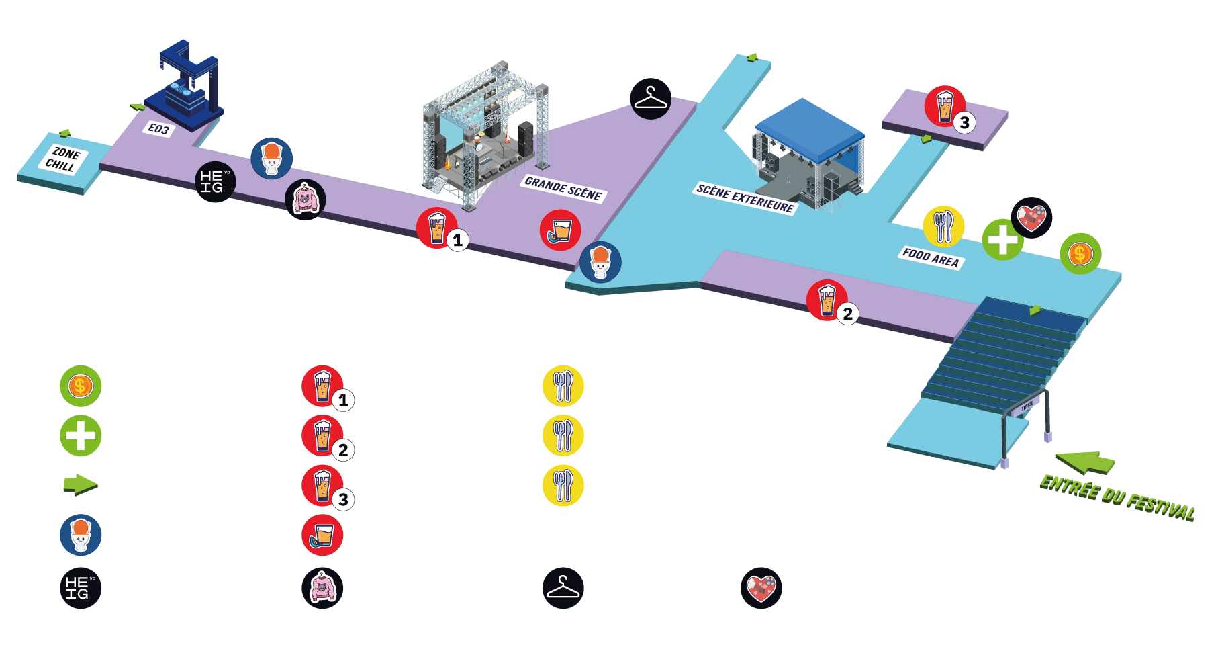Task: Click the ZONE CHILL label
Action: (62, 159)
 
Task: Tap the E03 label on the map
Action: (159, 129)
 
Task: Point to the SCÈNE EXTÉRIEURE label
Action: (745, 198)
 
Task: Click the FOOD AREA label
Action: (931, 257)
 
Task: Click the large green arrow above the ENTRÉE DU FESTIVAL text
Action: (1085, 462)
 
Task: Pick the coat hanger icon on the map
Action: (651, 99)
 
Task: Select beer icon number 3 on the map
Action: (945, 106)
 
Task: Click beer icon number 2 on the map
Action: (827, 300)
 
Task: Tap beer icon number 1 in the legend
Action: (323, 386)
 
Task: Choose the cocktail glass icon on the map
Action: (560, 230)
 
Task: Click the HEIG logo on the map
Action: (215, 181)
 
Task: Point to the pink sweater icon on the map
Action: (306, 200)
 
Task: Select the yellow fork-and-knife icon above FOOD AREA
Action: (943, 226)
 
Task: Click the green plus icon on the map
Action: (1002, 240)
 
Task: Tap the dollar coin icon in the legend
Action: (81, 386)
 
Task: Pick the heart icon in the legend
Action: (761, 589)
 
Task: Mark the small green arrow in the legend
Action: (81, 485)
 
